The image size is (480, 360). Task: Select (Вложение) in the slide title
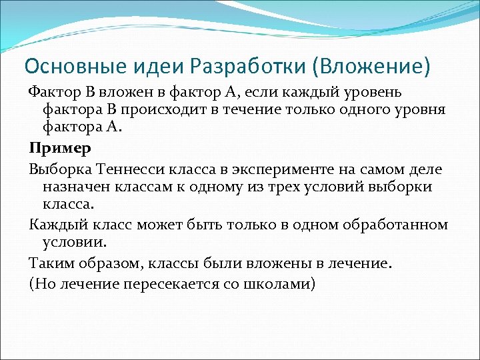point(376,67)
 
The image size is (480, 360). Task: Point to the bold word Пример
point(51,147)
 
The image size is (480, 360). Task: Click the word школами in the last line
point(283,283)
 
